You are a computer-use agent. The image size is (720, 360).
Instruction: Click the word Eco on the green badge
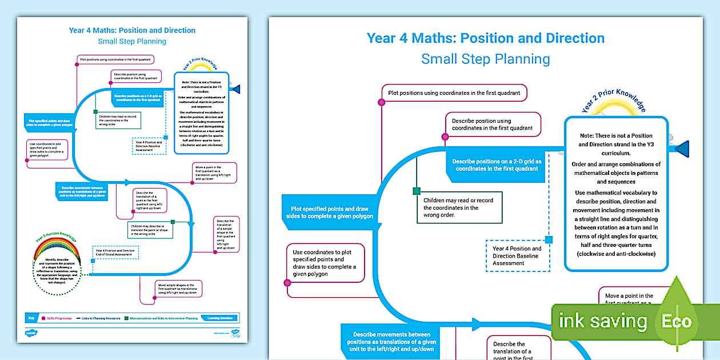point(676,321)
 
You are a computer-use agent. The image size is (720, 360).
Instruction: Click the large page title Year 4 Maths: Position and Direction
point(485,38)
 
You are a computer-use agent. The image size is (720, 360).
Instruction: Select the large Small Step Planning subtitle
point(485,59)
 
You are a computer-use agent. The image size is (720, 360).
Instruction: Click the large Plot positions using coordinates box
point(454,93)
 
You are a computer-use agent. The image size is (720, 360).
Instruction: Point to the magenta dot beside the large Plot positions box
point(381,102)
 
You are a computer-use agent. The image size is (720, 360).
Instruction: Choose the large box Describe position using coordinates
point(493,125)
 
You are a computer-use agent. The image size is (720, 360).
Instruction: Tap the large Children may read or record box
point(459,207)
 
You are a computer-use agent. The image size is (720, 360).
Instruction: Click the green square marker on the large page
point(417,191)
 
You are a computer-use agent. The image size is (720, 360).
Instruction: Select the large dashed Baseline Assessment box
point(517,256)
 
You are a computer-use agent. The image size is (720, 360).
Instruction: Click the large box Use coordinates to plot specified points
point(325,263)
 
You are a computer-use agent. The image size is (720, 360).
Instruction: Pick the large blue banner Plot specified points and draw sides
point(329,213)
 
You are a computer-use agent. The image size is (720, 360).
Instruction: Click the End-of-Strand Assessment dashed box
point(115,253)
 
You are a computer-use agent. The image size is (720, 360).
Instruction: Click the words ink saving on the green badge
point(602,321)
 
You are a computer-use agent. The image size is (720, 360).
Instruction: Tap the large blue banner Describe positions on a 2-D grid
point(495,165)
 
